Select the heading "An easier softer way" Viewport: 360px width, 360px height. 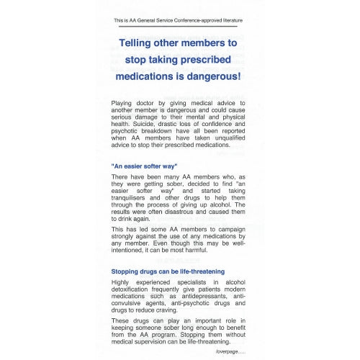point(144,166)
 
